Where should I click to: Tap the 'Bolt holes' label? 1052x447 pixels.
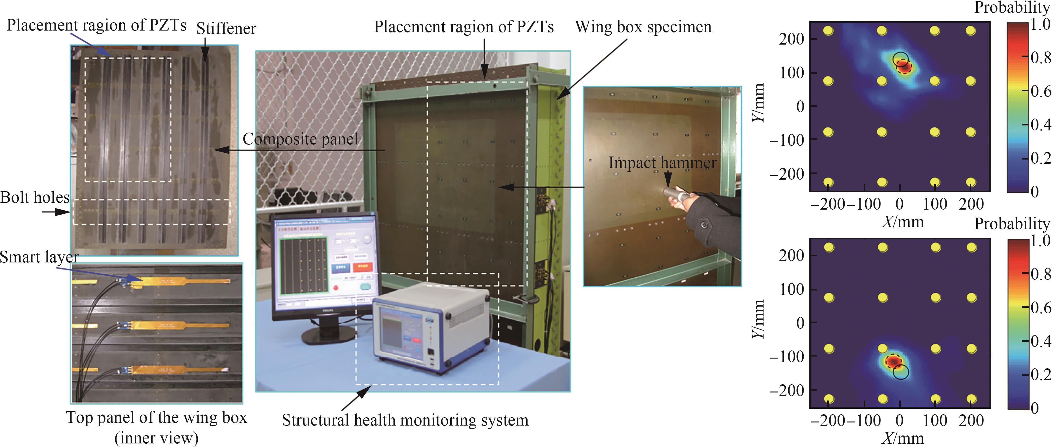tap(35, 198)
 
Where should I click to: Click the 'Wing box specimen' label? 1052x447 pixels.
tap(643, 27)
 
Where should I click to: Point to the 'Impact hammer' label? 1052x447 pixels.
tap(662, 163)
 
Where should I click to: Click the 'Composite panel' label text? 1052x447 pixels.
tap(300, 139)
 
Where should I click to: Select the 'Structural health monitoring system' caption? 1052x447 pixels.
tap(405, 420)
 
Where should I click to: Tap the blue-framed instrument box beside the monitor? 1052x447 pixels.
tap(431, 326)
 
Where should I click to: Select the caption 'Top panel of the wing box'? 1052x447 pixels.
tap(156, 418)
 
